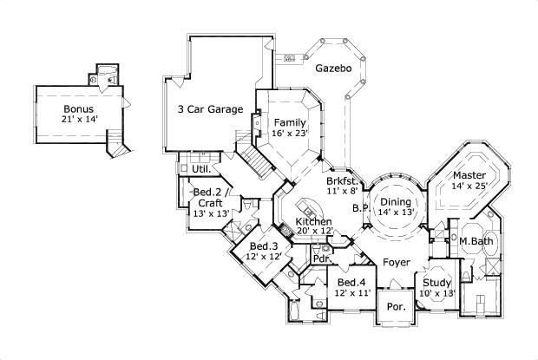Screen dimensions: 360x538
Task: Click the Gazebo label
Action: pos(332,68)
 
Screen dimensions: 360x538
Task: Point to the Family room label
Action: pos(289,122)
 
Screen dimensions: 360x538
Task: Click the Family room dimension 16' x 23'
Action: pos(290,134)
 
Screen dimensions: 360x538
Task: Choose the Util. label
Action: pos(200,169)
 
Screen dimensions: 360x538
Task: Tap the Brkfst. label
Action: pos(343,180)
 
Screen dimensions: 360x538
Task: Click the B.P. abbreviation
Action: pos(358,208)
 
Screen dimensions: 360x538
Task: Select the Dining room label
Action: pos(395,200)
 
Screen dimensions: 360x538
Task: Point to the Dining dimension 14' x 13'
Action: pos(396,212)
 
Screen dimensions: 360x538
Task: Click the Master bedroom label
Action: pos(469,173)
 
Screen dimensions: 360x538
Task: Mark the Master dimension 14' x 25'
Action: pos(469,185)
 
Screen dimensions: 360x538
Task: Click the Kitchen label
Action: pos(313,221)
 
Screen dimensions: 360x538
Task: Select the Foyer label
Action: pos(397,261)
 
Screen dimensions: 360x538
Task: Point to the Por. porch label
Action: pos(396,307)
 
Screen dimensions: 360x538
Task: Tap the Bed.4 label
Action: pos(350,283)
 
